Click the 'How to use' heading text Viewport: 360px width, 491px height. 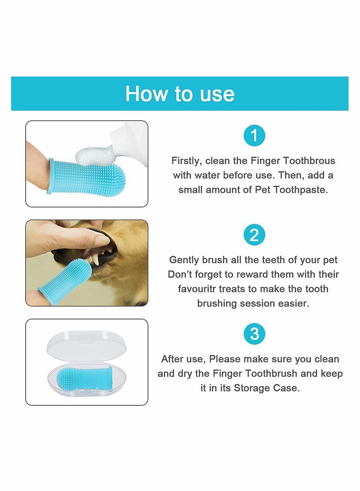click(180, 94)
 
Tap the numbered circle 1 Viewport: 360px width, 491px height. click(254, 135)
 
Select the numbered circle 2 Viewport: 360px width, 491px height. click(254, 235)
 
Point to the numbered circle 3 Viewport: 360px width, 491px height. click(254, 334)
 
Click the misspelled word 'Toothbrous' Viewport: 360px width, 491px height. click(309, 161)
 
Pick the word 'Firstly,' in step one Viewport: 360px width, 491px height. click(187, 161)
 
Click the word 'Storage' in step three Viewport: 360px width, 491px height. click(252, 388)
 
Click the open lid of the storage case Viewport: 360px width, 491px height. click(86, 347)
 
